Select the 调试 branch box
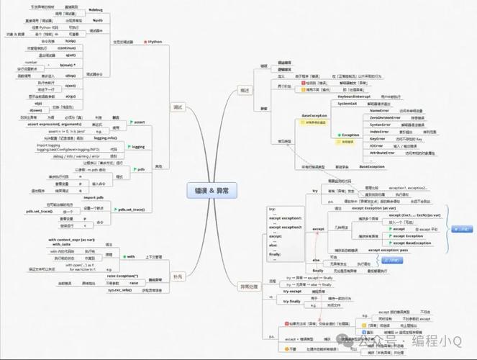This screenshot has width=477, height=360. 178,107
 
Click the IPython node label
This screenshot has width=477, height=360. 155,42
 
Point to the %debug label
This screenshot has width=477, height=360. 95,11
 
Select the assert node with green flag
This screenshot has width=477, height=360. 137,121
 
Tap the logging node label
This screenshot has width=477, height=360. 137,147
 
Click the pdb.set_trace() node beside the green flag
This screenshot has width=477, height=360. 132,209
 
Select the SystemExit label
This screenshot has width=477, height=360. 347,104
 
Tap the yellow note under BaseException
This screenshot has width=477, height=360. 315,123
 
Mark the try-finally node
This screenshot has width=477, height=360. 292,301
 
